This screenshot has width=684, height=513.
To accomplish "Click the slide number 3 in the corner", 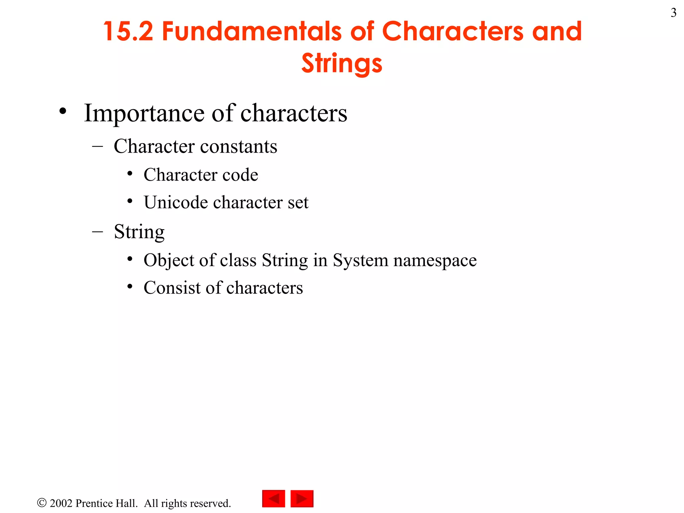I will point(673,13).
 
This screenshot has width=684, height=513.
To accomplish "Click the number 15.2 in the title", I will point(128,31).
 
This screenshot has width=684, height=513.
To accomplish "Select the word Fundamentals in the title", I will point(252,31).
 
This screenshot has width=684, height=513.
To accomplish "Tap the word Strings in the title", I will point(342,63).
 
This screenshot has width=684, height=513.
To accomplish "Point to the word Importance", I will point(144,114).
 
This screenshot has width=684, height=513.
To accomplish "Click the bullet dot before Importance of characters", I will point(63,112).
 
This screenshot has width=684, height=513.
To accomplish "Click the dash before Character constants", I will point(97,146).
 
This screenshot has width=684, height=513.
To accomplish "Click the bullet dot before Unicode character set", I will point(130,201).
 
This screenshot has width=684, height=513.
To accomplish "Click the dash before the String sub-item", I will point(97,231).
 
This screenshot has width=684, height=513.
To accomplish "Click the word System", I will point(360,261).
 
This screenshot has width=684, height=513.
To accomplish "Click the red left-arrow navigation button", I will point(274,499).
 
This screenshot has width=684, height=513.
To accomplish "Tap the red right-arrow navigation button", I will point(302,499).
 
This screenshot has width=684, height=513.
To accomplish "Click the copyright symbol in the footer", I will point(42,503).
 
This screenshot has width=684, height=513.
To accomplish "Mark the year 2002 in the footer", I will point(61,503).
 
